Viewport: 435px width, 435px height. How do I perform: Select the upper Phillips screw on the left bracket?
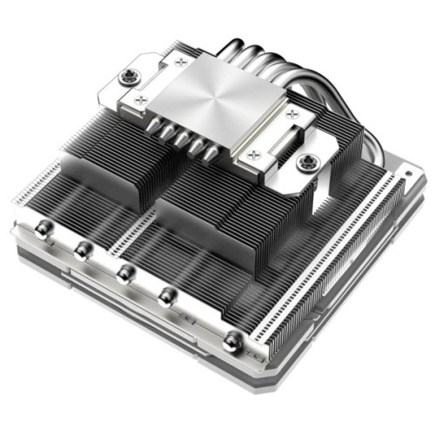[179, 61]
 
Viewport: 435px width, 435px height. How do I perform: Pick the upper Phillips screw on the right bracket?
[289, 114]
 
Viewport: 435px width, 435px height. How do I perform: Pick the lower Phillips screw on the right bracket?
[254, 156]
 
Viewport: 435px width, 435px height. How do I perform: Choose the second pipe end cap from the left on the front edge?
[83, 251]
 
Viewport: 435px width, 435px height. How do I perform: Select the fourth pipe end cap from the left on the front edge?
[166, 297]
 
